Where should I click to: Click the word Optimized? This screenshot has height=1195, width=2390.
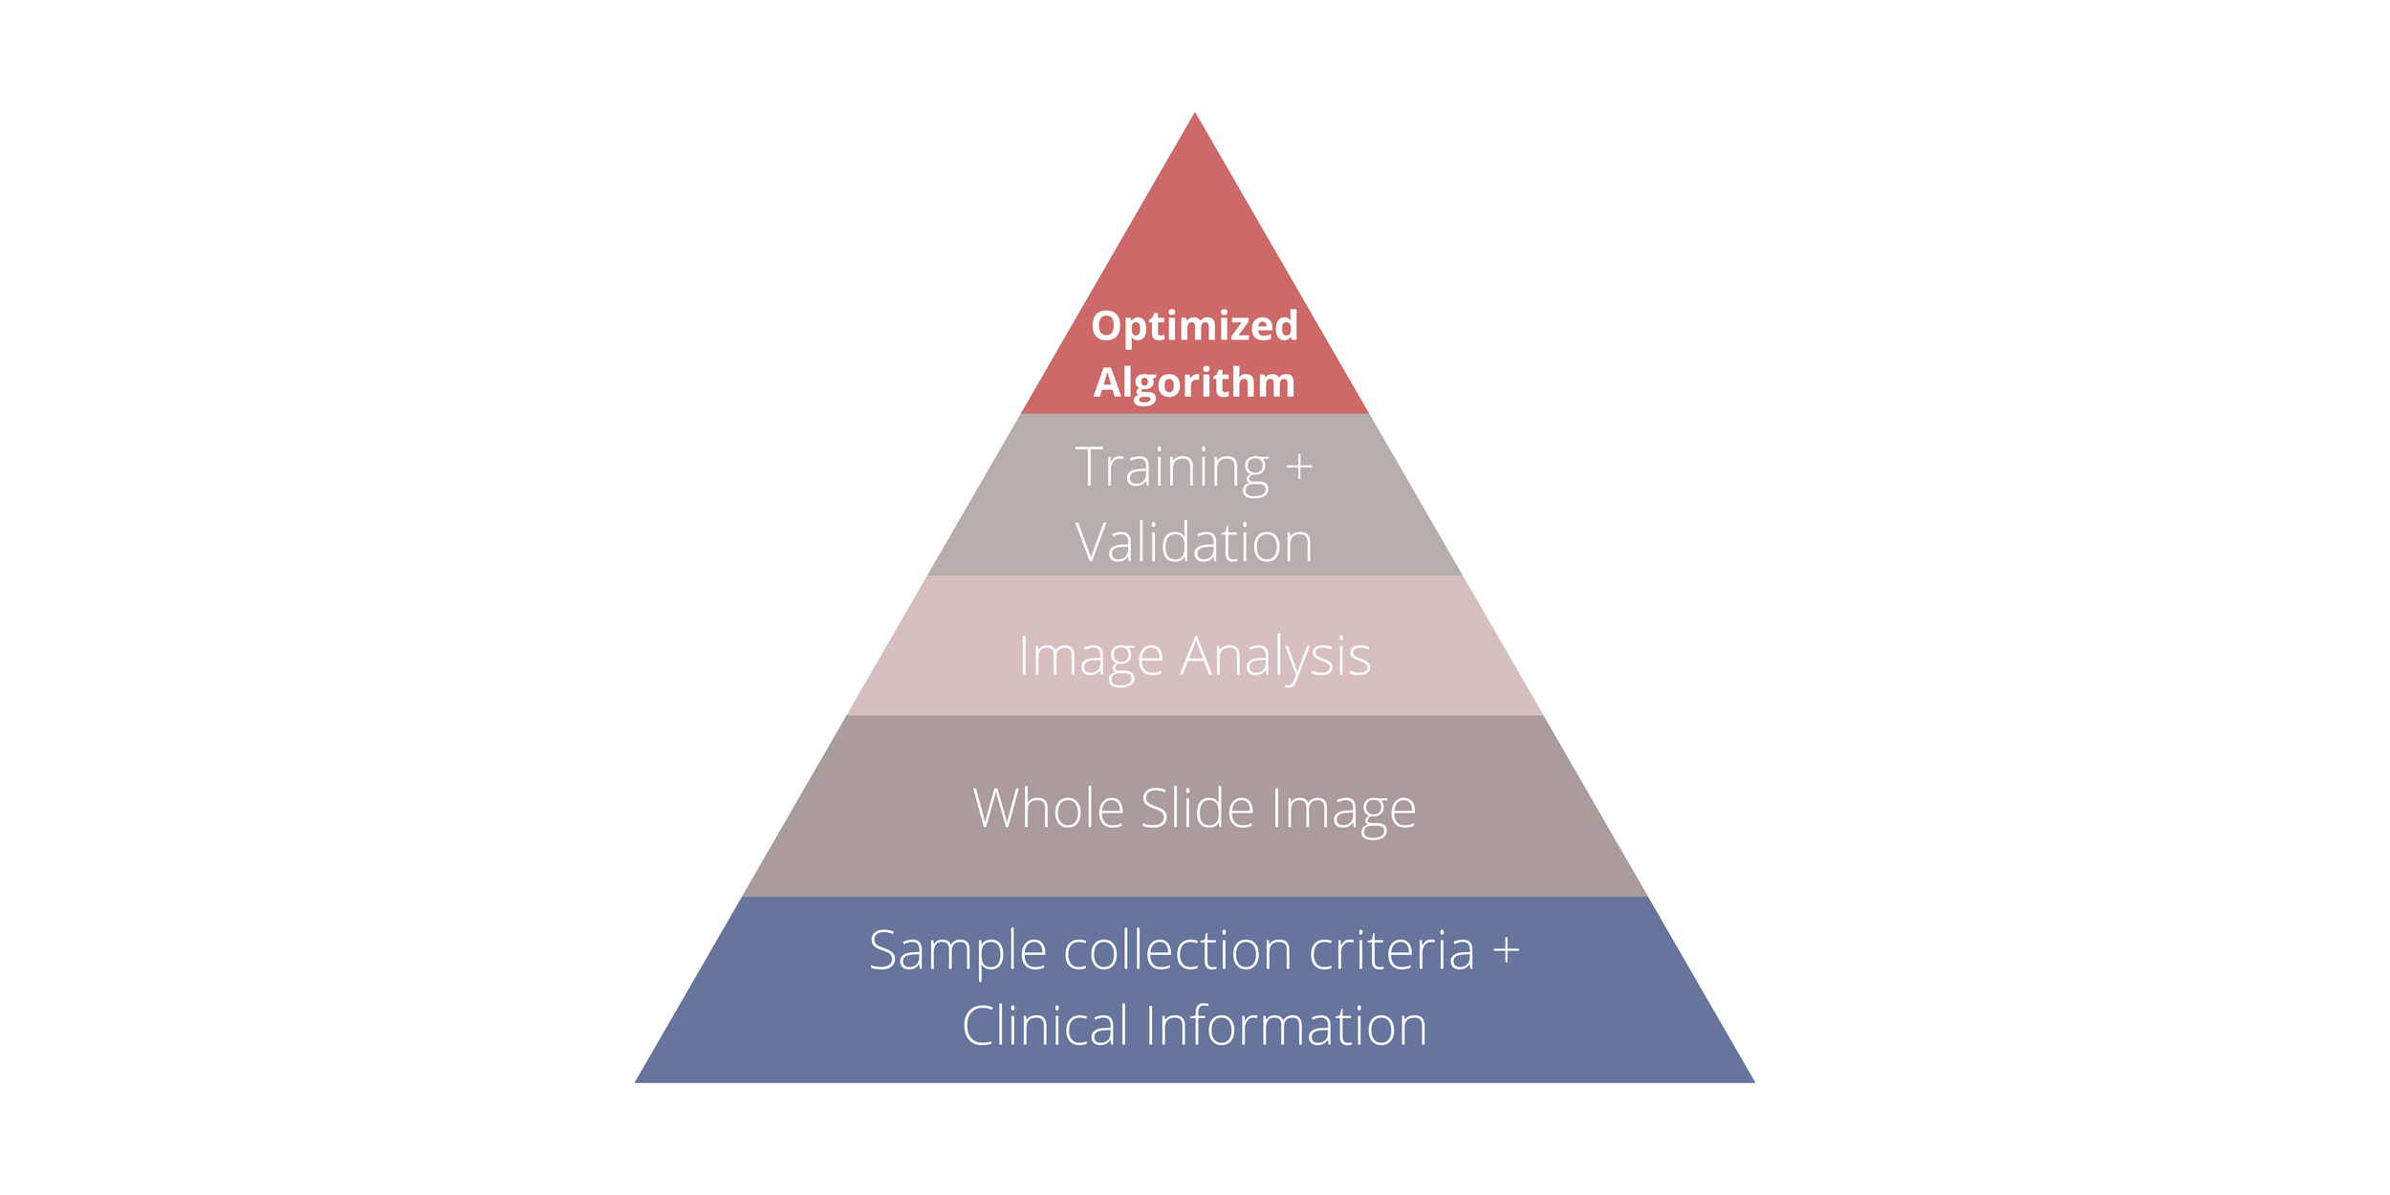[1194, 327]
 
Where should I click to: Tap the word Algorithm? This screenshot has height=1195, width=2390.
[1194, 383]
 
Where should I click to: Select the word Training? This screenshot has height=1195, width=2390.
[1172, 468]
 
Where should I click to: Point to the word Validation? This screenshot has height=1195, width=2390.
[1194, 543]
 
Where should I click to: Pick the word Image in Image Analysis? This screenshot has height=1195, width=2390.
[1091, 658]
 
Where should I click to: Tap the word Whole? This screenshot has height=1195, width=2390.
[1048, 809]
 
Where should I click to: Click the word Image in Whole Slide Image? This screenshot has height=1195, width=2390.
[1343, 811]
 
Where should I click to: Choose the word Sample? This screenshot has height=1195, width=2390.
[957, 951]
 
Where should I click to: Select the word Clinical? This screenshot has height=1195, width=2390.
[1045, 1027]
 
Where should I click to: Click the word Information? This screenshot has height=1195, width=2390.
[1286, 1027]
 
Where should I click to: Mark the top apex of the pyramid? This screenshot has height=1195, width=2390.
[1194, 114]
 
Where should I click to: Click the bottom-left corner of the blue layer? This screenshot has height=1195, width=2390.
[637, 1081]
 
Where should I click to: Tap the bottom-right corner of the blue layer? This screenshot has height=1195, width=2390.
[1752, 1081]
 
